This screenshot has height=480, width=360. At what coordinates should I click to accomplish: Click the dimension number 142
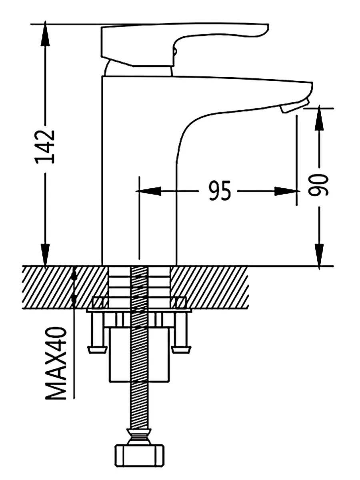tap(45, 146)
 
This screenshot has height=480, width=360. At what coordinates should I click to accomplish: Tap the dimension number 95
tap(220, 190)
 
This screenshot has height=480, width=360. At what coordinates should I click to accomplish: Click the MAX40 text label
tap(56, 363)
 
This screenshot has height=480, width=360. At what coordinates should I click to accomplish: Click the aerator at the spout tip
tap(294, 106)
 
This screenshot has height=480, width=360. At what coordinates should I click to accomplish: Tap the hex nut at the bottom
tap(140, 455)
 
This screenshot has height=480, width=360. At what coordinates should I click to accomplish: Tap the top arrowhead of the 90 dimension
tap(319, 118)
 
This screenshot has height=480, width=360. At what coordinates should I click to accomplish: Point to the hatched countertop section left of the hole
tap(60, 286)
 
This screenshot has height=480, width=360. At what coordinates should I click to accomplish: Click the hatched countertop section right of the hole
tap(212, 286)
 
